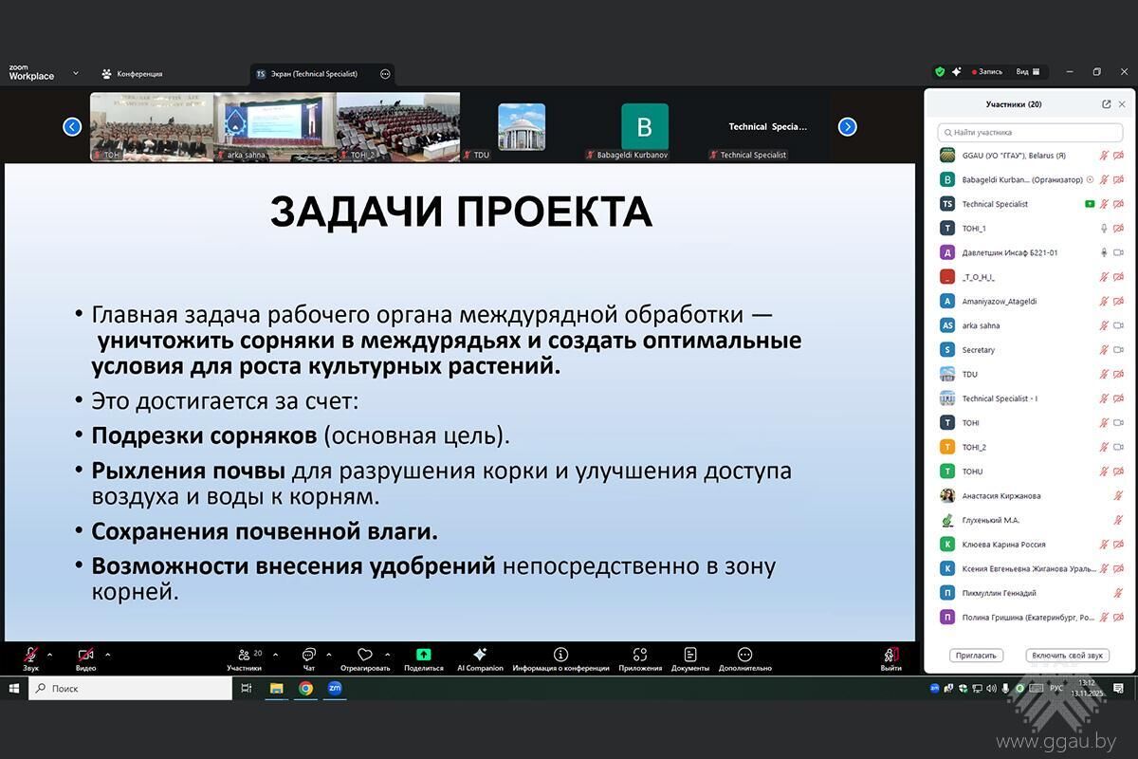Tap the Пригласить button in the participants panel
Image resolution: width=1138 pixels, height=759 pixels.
click(976, 656)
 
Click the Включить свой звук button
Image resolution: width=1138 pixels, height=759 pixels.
click(1067, 656)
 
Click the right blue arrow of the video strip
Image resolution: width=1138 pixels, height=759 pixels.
click(848, 127)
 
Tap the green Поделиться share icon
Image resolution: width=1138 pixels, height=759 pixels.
click(423, 655)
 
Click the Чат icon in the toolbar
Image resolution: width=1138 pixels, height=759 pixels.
click(308, 655)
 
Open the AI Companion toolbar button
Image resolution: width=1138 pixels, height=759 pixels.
click(480, 655)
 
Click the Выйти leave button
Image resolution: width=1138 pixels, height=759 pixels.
click(890, 655)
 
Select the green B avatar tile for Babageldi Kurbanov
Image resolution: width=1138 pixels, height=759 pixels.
click(645, 127)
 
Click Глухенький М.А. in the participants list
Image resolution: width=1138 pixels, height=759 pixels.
click(991, 520)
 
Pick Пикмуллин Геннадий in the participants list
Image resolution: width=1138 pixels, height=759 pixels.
click(999, 593)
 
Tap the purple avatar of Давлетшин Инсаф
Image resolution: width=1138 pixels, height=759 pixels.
click(946, 252)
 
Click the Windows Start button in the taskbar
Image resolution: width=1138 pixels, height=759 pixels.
click(13, 689)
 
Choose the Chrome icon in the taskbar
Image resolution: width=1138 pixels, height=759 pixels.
click(305, 689)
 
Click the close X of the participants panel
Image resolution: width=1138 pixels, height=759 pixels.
click(1122, 104)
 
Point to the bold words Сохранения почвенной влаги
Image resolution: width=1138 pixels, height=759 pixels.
click(265, 531)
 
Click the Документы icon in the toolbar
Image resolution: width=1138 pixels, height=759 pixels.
click(689, 655)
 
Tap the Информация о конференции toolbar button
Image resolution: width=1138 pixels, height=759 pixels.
click(560, 655)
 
